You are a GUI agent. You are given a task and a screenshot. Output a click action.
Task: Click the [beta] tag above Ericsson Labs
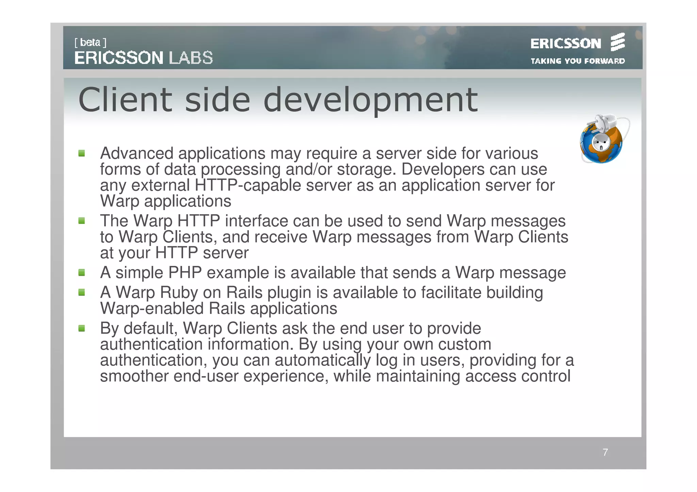(x=90, y=43)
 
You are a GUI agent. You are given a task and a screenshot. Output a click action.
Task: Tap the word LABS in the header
(x=191, y=58)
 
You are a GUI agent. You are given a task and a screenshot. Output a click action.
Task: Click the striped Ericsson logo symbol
(x=617, y=42)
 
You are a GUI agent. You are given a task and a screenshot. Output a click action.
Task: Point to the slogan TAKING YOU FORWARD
(x=578, y=61)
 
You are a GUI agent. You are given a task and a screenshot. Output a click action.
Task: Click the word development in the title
(x=371, y=100)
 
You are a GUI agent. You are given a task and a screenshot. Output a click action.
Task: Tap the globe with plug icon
(x=603, y=139)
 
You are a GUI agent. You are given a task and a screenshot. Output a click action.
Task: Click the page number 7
(x=605, y=452)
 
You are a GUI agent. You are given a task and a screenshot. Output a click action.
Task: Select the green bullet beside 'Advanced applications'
(x=82, y=153)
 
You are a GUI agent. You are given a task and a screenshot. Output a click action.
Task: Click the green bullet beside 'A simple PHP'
(x=82, y=273)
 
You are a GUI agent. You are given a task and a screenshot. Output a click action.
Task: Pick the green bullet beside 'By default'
(x=82, y=328)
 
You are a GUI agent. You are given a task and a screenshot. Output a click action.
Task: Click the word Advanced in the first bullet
(x=136, y=153)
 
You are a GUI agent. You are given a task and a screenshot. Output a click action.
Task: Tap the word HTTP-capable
(x=248, y=186)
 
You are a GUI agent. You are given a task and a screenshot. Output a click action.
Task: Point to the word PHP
(x=185, y=273)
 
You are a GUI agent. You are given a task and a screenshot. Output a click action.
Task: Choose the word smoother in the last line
(x=134, y=376)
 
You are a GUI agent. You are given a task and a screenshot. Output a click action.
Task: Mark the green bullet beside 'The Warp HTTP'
(x=82, y=221)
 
